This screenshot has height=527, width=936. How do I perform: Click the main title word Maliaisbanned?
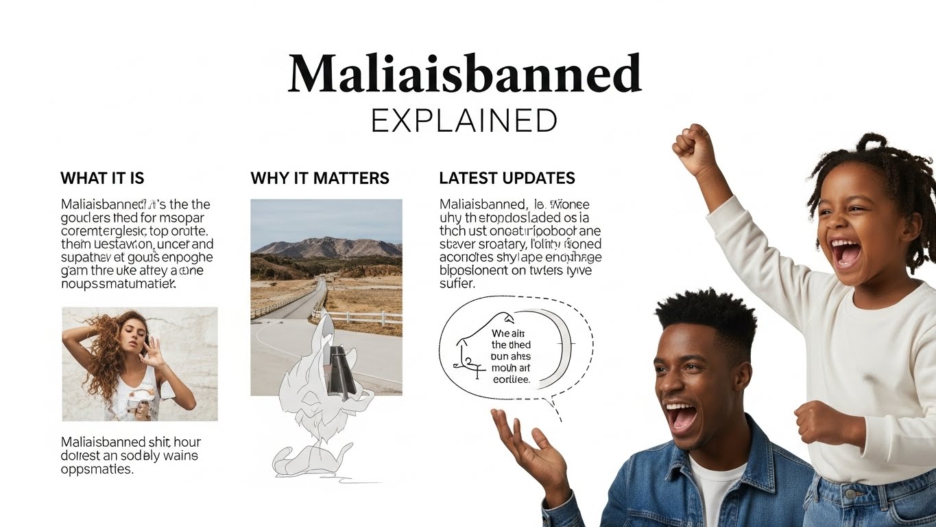pos(464,73)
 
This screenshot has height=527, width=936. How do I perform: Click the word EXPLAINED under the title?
pos(464,121)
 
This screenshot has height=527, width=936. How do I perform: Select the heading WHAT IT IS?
pos(102,178)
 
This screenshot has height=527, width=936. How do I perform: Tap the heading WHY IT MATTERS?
pos(320,178)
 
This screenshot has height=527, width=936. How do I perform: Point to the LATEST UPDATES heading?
pos(507,178)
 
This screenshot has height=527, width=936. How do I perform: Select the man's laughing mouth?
pos(683,416)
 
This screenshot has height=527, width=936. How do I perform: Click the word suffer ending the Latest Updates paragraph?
pos(457,283)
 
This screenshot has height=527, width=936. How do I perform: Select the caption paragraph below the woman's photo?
pos(130,456)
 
